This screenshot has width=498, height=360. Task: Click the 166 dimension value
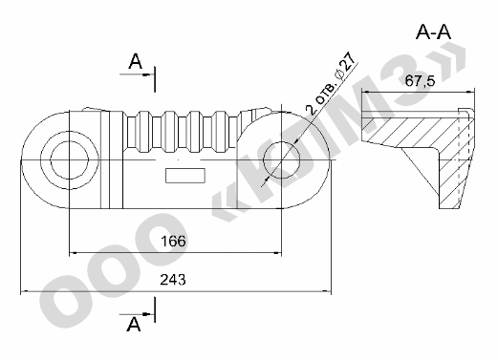click(173, 242)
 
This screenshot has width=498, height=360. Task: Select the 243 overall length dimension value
click(173, 280)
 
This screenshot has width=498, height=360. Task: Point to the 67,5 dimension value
click(420, 81)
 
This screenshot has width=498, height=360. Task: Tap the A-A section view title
click(433, 32)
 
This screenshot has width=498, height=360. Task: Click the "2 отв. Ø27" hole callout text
click(330, 83)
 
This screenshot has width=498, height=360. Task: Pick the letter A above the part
click(136, 61)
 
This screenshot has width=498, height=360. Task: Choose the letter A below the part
click(134, 325)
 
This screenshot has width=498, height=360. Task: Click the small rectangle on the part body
click(185, 176)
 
